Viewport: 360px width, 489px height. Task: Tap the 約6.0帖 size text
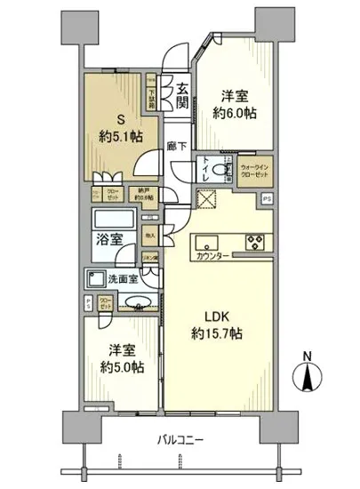pos(233,113)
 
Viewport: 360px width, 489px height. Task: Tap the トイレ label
pos(207,168)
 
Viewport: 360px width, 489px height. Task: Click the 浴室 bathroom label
pos(110,238)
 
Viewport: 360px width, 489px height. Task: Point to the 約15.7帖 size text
pos(219,333)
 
